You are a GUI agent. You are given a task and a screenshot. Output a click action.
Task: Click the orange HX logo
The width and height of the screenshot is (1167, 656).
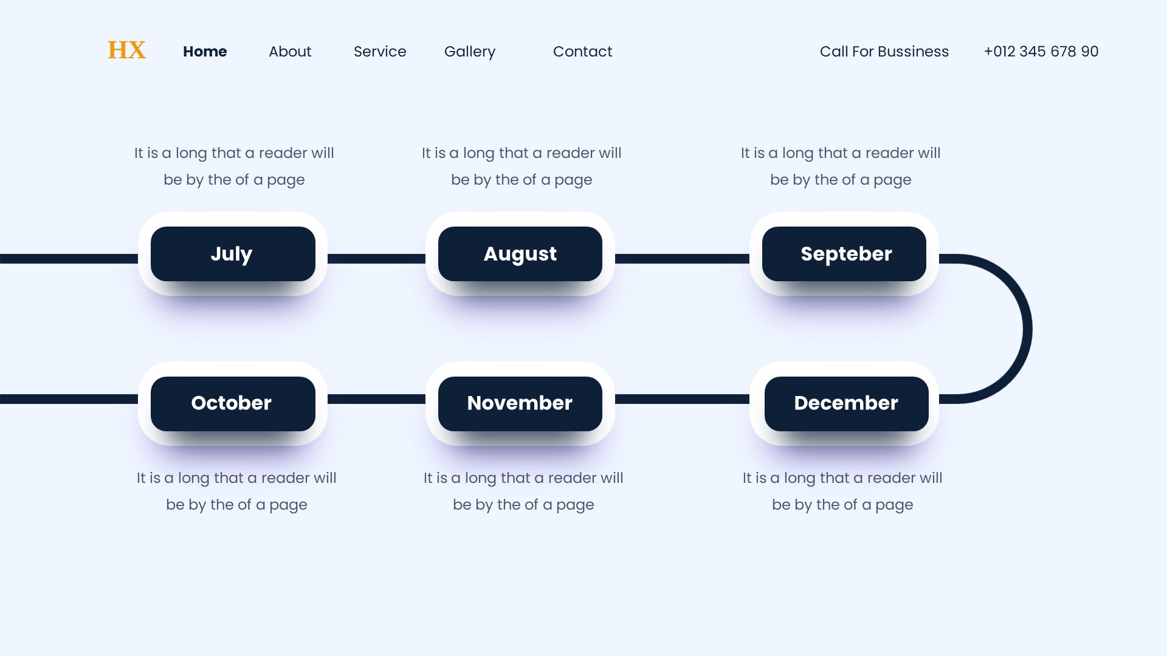tap(126, 50)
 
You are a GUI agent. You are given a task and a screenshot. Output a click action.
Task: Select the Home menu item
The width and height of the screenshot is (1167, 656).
tap(205, 52)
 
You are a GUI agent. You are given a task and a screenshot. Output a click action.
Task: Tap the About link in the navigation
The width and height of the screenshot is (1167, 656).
tap(290, 52)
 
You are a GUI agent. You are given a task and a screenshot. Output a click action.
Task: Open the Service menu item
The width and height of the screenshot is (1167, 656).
tap(380, 52)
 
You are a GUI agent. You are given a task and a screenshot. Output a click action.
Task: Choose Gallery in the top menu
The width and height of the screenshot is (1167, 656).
tap(470, 52)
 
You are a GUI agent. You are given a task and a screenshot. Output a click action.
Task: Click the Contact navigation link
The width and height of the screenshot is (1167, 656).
tap(582, 52)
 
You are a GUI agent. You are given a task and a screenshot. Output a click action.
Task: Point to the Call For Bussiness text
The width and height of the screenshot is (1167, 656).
tap(884, 52)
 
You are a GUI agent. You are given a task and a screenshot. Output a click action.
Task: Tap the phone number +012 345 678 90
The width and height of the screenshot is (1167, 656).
tap(1041, 52)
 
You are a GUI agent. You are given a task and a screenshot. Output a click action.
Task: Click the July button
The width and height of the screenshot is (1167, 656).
tap(233, 254)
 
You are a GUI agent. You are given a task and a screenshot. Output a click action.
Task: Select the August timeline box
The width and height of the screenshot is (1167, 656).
tap(520, 254)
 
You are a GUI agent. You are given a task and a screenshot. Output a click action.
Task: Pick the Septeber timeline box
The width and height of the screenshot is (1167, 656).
tap(844, 254)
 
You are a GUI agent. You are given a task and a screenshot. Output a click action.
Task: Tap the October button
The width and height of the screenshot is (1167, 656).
tap(233, 404)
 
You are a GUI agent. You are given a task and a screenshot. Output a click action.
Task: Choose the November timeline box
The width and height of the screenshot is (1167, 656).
tap(520, 404)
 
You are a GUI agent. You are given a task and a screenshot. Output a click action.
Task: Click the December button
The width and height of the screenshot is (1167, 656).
tap(847, 404)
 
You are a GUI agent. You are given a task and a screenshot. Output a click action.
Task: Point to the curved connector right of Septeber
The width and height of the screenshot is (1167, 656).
tap(1027, 329)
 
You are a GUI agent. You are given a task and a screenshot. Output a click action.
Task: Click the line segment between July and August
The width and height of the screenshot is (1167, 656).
tap(377, 259)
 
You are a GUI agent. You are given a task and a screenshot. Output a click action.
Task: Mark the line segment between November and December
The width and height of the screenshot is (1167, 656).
tap(682, 399)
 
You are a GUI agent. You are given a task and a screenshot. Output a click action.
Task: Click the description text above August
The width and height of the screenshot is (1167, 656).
tap(522, 166)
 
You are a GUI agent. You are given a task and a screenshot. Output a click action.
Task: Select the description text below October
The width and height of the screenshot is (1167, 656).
tap(236, 491)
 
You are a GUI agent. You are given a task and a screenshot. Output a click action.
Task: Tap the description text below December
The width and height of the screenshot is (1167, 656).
tap(842, 491)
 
